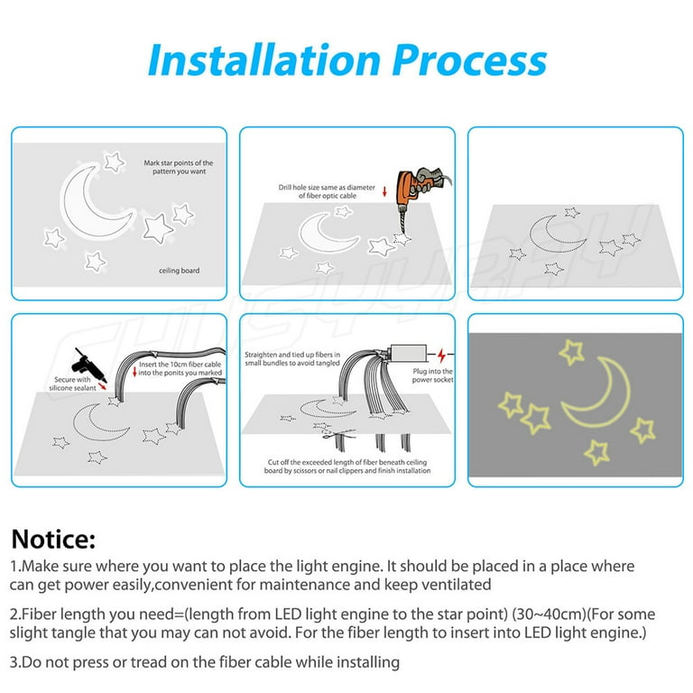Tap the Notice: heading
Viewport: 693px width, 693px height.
pyautogui.click(x=52, y=540)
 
